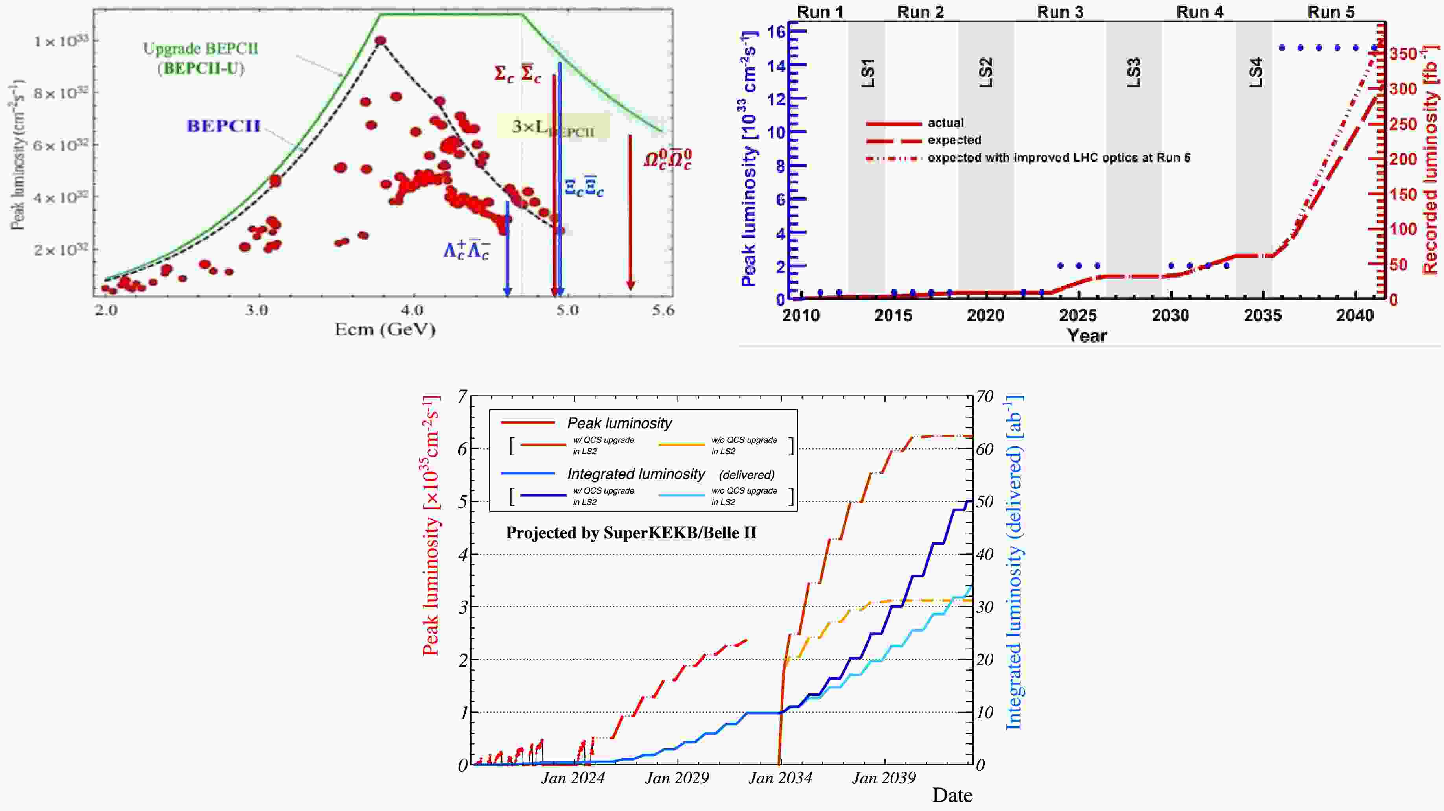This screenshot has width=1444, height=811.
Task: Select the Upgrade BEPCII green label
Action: coord(201,58)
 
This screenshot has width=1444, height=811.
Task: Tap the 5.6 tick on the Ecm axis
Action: coord(663,310)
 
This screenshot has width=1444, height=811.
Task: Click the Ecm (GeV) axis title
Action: coord(385,329)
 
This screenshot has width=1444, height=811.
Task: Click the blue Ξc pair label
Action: coord(584,187)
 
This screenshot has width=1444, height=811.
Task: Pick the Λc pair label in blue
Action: coord(466,250)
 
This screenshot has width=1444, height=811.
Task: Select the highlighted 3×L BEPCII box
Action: coord(553,127)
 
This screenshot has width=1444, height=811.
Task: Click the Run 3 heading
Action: coord(1059,12)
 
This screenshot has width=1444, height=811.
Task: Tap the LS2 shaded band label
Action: coord(985,72)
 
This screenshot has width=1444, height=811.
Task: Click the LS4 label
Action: coord(1256,72)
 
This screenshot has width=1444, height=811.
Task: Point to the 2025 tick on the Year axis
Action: coord(1078,315)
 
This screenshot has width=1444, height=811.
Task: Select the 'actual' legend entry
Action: coord(945,123)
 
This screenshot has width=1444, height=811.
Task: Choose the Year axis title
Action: coord(1087,335)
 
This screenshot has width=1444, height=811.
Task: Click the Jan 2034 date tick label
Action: coord(780,778)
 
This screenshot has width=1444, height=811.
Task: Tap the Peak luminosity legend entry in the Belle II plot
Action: coord(619,423)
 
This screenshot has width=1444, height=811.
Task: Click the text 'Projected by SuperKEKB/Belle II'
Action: coord(631,533)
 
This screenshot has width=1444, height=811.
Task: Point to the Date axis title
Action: coord(952,795)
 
